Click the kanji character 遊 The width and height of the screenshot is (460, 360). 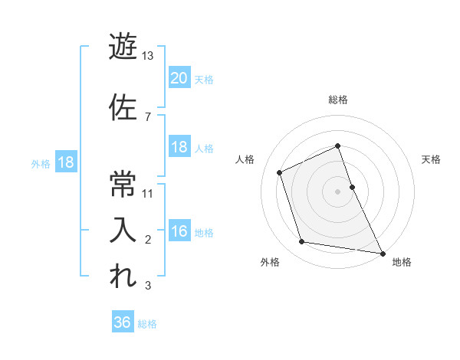point(123,47)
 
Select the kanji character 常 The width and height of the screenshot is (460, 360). point(123,183)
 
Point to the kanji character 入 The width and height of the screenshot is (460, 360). point(123,229)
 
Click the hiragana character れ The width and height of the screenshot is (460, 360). point(123,277)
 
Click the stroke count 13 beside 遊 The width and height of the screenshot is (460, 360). point(148,56)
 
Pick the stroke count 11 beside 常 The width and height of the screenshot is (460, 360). point(148,193)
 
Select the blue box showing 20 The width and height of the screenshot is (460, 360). point(179,77)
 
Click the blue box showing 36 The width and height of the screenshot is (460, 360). point(123,322)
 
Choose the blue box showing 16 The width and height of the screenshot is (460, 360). point(179,231)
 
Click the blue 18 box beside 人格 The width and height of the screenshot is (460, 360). point(179,147)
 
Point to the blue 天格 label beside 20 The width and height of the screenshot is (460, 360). point(204,79)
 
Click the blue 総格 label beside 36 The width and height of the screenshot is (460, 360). point(147,324)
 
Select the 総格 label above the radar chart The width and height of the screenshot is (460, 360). point(337,100)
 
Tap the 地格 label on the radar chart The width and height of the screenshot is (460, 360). point(402,263)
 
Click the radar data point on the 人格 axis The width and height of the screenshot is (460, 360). point(280,172)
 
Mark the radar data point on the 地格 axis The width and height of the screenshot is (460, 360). point(382,252)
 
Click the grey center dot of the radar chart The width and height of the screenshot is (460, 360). point(337,191)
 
